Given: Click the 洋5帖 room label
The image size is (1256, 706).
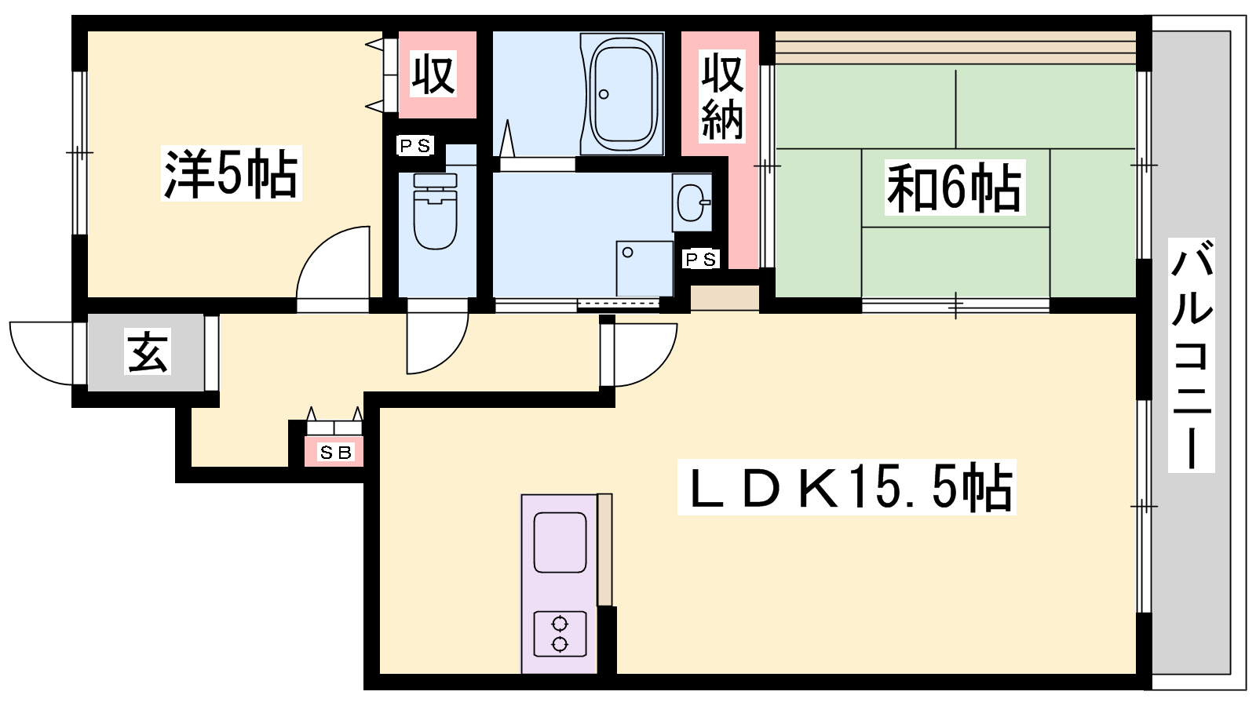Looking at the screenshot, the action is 231,173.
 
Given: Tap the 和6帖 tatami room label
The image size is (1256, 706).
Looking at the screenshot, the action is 955,187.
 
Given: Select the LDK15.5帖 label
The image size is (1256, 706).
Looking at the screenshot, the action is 847,487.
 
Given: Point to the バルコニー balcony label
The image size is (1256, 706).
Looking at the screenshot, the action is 1191,355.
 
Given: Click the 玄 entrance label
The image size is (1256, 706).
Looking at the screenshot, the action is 148,351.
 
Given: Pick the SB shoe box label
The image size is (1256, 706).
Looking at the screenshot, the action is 335,452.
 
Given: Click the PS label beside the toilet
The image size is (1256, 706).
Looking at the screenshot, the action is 415,146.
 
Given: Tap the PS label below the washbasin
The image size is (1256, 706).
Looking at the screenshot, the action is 701,260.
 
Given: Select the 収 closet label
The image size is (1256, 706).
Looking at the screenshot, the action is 433,74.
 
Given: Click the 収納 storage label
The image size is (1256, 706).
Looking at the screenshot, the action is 723,96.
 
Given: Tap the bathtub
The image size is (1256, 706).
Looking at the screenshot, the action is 623,93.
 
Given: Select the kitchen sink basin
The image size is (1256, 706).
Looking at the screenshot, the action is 560,542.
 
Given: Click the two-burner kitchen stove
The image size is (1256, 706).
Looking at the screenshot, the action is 560,634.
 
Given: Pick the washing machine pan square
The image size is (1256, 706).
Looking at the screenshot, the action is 644,268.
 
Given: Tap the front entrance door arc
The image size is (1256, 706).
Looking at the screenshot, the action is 28,366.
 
